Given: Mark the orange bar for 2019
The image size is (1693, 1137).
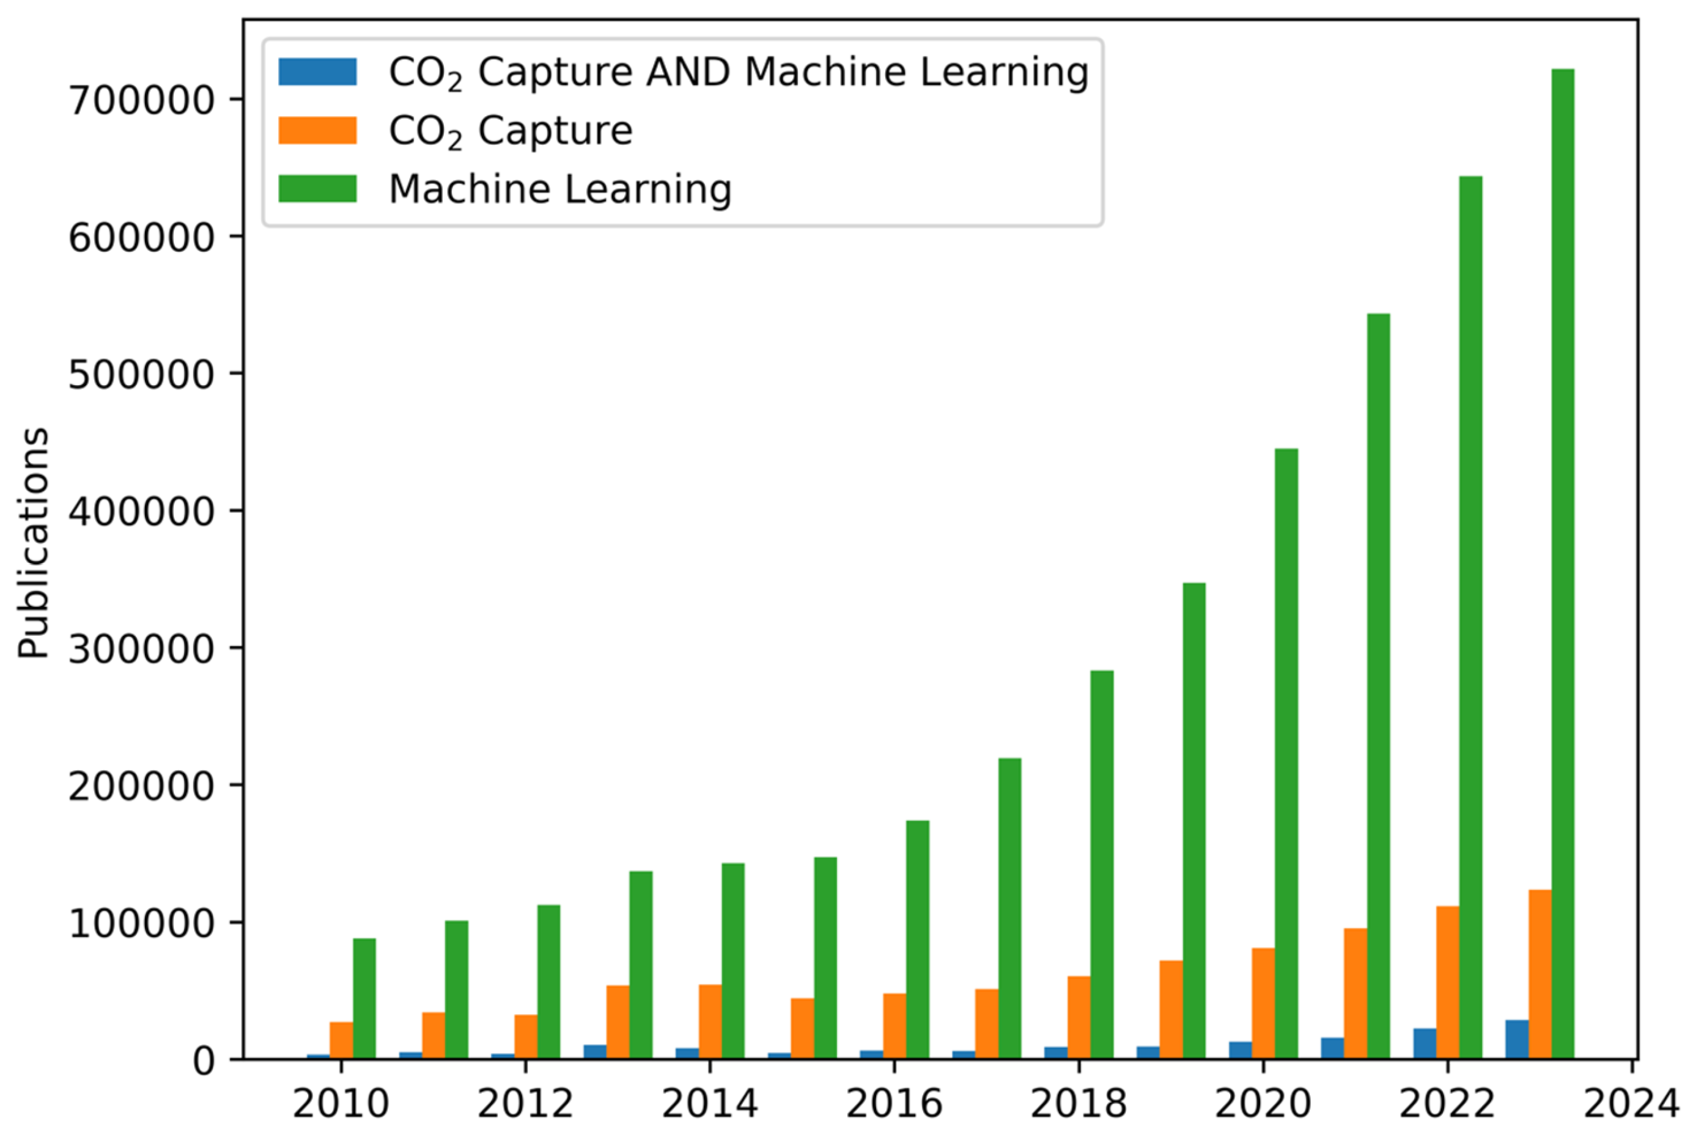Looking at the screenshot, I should (x=1171, y=1009).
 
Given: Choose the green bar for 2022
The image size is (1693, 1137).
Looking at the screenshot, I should (x=1470, y=617).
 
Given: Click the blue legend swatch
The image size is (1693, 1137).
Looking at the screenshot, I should (x=317, y=72).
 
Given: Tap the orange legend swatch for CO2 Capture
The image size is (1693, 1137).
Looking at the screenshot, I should (x=317, y=131).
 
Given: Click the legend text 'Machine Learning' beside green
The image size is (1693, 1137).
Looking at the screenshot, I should (x=559, y=189).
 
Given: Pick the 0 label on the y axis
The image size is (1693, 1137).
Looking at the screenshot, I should (x=204, y=1061).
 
